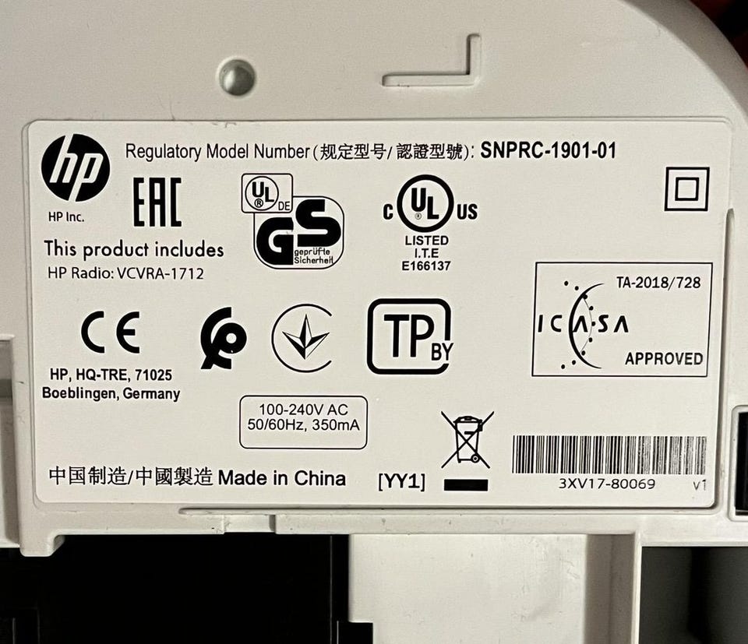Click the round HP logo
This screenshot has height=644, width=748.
[76, 167]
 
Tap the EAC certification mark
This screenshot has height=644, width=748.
[157, 202]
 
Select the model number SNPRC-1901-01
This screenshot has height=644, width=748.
[548, 150]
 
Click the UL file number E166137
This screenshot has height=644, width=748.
[426, 266]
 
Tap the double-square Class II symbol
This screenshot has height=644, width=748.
[687, 188]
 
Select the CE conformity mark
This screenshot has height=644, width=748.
[110, 333]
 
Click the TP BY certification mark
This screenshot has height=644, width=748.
[410, 336]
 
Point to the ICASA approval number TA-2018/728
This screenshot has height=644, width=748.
[658, 282]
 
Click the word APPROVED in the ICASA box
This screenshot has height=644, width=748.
[664, 358]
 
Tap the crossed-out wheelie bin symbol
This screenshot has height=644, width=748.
[467, 439]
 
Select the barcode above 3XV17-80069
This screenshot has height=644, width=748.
[609, 455]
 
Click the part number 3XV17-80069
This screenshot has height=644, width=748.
[607, 484]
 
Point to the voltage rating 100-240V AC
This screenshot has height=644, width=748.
[303, 410]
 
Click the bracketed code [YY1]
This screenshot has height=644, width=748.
[402, 481]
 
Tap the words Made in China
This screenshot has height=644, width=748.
[281, 478]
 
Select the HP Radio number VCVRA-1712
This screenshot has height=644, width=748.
[161, 273]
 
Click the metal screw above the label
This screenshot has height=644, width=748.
[237, 77]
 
